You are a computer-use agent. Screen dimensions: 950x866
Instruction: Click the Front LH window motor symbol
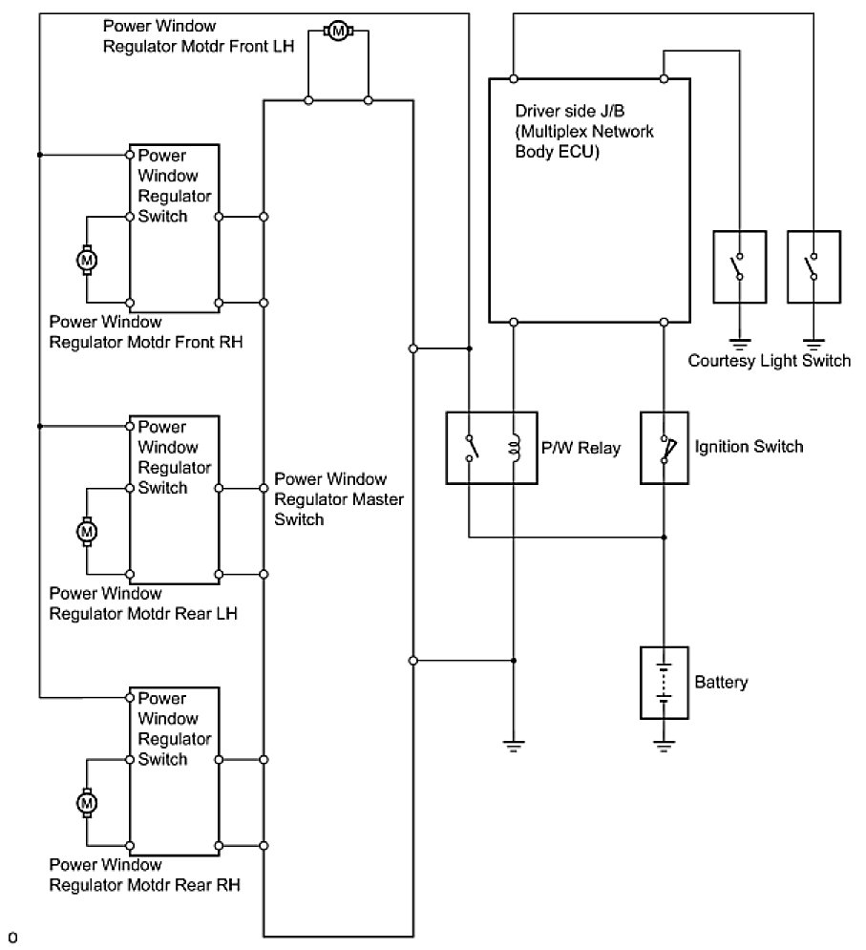337,32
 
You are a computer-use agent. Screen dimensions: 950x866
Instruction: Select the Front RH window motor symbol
87,259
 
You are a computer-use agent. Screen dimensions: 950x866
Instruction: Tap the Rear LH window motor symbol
87,530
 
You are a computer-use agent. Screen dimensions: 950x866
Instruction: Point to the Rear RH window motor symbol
87,803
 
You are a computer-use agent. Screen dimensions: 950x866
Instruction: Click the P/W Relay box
491,447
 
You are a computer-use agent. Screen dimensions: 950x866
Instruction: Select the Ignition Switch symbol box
665,447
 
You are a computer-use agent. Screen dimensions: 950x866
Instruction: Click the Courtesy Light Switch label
769,360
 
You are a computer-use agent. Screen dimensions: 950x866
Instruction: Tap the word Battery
721,683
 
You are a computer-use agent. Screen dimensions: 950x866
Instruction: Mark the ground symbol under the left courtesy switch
738,342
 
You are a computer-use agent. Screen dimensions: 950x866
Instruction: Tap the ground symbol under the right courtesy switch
813,342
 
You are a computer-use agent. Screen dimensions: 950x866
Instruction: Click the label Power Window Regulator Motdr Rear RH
144,875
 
